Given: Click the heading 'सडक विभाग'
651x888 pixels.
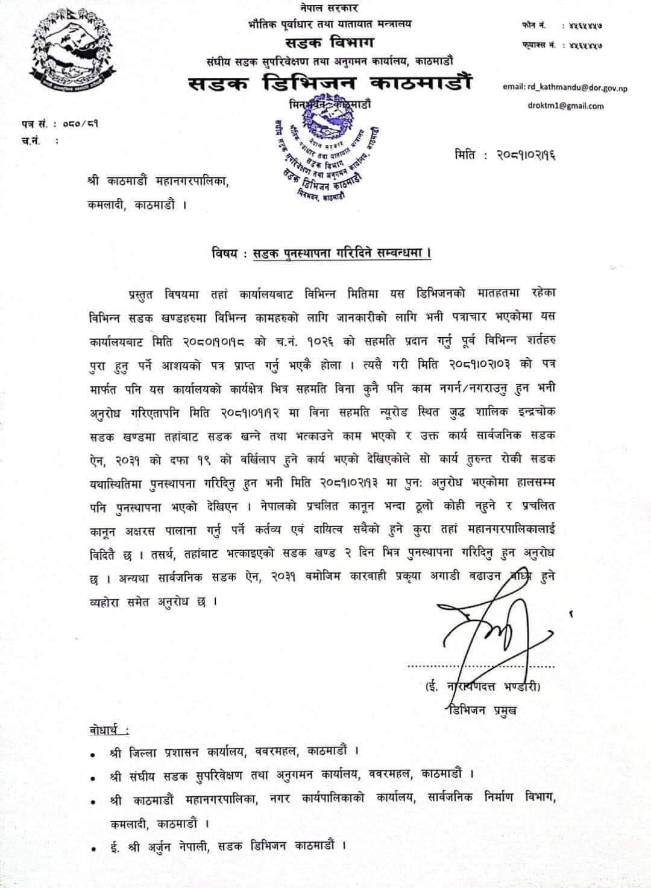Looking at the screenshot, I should click(330, 43).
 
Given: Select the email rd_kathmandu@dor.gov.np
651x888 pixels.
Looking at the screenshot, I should click(565, 87).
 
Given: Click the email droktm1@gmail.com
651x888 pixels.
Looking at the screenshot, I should click(564, 106).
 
